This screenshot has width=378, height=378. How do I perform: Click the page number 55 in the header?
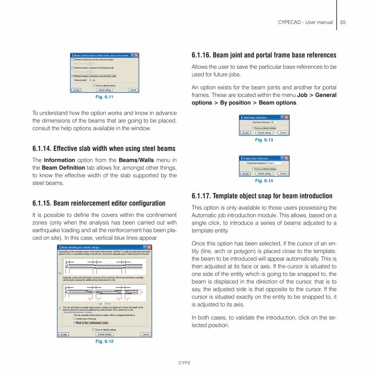(x=343, y=22)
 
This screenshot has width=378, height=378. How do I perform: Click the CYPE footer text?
(x=184, y=363)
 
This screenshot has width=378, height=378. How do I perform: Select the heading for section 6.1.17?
(x=262, y=196)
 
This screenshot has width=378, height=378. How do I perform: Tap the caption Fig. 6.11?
(x=104, y=97)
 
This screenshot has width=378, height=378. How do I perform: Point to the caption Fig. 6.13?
(x=264, y=140)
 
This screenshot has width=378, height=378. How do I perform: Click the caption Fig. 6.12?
(x=104, y=341)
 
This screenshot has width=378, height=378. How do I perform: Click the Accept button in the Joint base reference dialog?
(x=245, y=133)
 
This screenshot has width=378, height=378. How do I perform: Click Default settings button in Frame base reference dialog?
(x=264, y=173)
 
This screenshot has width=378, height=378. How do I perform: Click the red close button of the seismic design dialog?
(x=149, y=247)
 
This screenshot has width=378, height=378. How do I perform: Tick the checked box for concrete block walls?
(x=73, y=76)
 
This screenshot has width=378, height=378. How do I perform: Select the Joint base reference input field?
(x=273, y=122)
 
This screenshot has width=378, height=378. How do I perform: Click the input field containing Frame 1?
(x=274, y=163)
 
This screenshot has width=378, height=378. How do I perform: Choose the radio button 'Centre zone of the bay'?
(x=75, y=319)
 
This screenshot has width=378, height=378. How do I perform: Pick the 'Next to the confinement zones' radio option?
(x=75, y=323)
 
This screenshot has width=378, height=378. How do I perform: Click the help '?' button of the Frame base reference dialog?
(x=282, y=158)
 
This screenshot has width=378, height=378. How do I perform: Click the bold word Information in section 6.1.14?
(x=59, y=160)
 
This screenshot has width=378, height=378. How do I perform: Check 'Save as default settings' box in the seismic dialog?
(x=94, y=330)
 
